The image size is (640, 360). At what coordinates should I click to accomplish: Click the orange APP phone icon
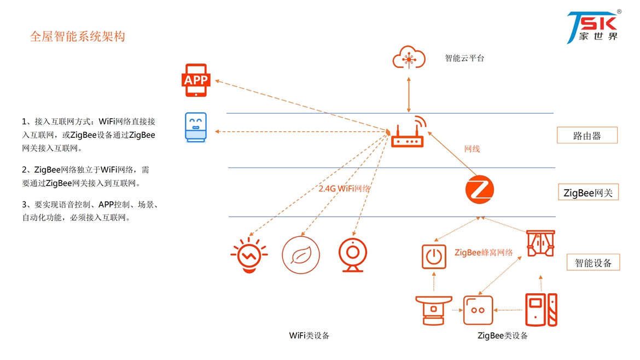tap(196, 80)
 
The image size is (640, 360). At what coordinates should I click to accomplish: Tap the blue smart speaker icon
tap(196, 127)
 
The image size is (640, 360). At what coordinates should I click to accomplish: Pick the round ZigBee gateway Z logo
tap(480, 190)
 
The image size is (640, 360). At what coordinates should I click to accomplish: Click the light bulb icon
tap(249, 255)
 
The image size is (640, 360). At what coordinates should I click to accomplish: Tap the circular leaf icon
tap(300, 254)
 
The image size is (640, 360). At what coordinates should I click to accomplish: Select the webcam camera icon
tap(352, 255)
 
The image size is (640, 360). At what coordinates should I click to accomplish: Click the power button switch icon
tap(434, 257)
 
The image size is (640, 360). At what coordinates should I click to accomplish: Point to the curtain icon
tap(540, 244)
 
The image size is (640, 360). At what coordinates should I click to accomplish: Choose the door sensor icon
tap(541, 310)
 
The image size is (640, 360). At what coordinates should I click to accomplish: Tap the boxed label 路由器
tap(587, 136)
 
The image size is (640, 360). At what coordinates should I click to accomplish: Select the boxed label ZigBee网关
tap(587, 193)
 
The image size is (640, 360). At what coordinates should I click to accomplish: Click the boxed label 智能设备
tap(594, 263)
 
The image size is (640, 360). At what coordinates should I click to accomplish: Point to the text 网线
tap(472, 149)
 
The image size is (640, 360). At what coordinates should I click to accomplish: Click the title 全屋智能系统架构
tap(77, 37)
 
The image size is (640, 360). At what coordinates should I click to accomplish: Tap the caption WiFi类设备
tap(309, 335)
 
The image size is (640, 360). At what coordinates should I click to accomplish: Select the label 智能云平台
tap(464, 58)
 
